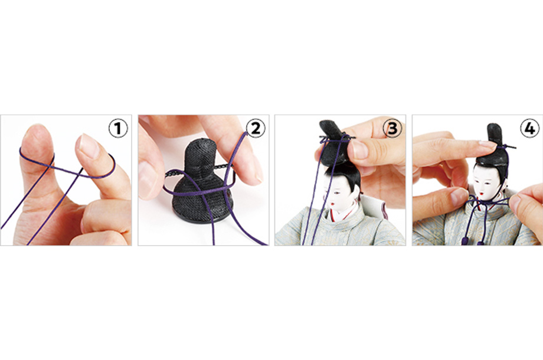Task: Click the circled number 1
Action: (x=119, y=128)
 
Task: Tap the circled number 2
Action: (x=256, y=128)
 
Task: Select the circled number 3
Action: (x=392, y=128)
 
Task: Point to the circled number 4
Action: (x=530, y=128)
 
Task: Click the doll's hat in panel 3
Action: (x=334, y=142)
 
